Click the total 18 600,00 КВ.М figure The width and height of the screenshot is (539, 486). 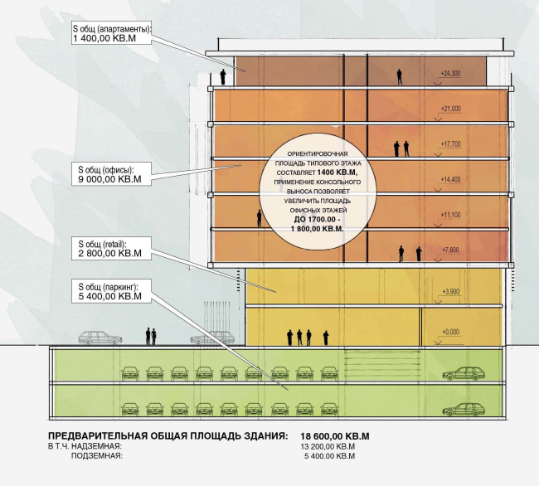click(334, 435)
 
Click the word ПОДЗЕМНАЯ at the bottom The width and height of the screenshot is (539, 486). click(97, 456)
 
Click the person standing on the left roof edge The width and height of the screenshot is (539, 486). click(224, 77)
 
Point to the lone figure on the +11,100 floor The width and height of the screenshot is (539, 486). click(259, 218)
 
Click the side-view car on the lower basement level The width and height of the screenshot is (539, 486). click(463, 408)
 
